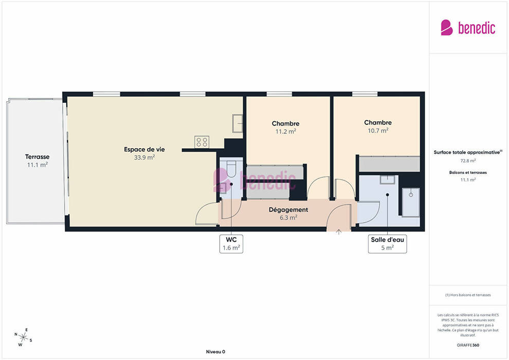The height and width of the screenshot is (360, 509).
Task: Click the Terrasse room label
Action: click(38, 157)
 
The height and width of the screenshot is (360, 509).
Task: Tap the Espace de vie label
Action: click(144, 149)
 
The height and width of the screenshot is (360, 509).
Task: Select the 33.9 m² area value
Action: click(144, 157)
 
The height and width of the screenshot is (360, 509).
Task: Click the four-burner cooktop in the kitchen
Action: click(202, 142)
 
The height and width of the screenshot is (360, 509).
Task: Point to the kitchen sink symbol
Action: click(238, 123)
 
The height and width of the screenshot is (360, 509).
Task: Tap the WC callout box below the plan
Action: click(231, 244)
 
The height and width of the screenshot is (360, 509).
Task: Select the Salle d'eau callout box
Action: click(387, 244)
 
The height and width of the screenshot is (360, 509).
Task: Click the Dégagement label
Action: click(288, 210)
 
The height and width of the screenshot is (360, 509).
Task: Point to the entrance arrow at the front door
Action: click(339, 232)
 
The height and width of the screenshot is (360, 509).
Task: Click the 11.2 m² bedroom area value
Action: click(286, 132)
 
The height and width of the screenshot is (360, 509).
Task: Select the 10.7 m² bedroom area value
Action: click(378, 131)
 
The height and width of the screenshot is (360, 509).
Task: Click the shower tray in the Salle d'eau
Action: click(411, 202)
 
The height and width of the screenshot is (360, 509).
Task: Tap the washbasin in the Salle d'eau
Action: click(387, 179)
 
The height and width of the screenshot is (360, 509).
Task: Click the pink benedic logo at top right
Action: click(468, 28)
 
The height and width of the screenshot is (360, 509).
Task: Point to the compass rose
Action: click(23, 337)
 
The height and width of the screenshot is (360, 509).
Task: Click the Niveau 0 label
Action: click(215, 352)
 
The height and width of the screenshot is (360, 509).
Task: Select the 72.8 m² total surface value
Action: click(468, 160)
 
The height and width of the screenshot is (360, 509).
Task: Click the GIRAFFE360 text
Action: click(468, 345)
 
